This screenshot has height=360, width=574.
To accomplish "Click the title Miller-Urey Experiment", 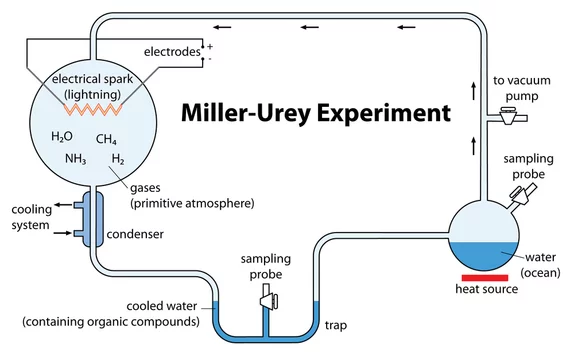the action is (x=316, y=113).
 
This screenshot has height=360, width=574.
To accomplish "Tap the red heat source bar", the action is (x=485, y=278).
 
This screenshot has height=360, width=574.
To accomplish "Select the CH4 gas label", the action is (x=106, y=139).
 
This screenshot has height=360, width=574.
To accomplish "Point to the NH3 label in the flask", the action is (x=76, y=159).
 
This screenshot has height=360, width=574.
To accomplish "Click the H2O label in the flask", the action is (x=62, y=136).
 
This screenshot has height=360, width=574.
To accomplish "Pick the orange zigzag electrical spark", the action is (x=93, y=109).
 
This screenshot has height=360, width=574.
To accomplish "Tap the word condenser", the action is (x=135, y=234).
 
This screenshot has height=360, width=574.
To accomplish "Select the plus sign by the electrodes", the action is (x=210, y=47).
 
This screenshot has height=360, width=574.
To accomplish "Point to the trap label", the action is (x=336, y=325).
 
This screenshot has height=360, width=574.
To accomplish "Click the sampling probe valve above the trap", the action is (x=269, y=301).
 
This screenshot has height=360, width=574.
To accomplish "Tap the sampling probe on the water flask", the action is (x=523, y=194).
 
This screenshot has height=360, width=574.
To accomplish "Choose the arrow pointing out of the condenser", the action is (x=63, y=205).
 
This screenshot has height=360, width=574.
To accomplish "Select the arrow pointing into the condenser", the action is (x=63, y=233).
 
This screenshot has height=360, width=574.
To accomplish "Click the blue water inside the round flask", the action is (x=484, y=255).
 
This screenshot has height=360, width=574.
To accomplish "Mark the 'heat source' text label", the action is (x=487, y=289).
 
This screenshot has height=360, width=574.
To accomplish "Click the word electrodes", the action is (x=172, y=52).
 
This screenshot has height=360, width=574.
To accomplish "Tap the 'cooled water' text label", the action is (x=162, y=306).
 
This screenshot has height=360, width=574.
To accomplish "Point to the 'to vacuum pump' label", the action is (x=522, y=88).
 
